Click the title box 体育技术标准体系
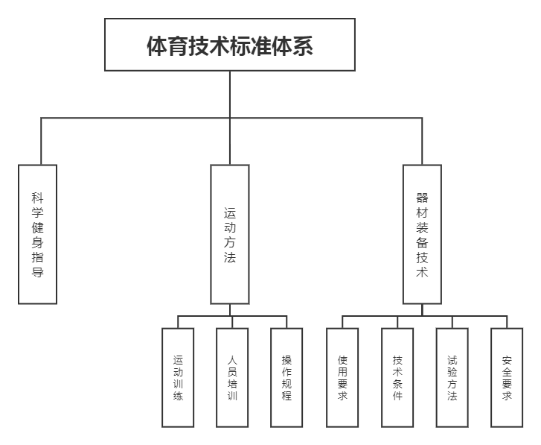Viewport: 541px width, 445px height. pos(229,45)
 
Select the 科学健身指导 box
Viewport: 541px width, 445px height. pos(37,234)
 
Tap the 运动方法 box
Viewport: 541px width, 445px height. pos(229,234)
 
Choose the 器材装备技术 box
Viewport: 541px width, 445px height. pos(422,234)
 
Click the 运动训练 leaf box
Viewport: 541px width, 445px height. pos(178,377)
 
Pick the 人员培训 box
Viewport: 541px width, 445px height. pos(232,377)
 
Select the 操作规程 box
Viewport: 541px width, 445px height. pos(286,377)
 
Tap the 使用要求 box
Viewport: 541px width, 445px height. pos(342,377)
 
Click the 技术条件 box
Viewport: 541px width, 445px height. pos(397,377)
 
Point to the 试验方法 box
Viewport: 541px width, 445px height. pos(452,377)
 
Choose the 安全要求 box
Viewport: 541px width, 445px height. pos(508,377)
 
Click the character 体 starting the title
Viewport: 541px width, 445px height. pos(157,46)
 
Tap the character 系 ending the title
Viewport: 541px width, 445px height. pos(302,46)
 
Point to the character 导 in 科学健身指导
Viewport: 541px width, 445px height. pos(37,272)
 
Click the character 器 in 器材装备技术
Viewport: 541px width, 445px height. pos(422,198)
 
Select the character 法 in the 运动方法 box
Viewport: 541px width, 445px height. pos(229,257)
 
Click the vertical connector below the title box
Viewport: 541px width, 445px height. pos(229,94)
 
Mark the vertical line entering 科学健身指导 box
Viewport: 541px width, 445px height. pos(41,142)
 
